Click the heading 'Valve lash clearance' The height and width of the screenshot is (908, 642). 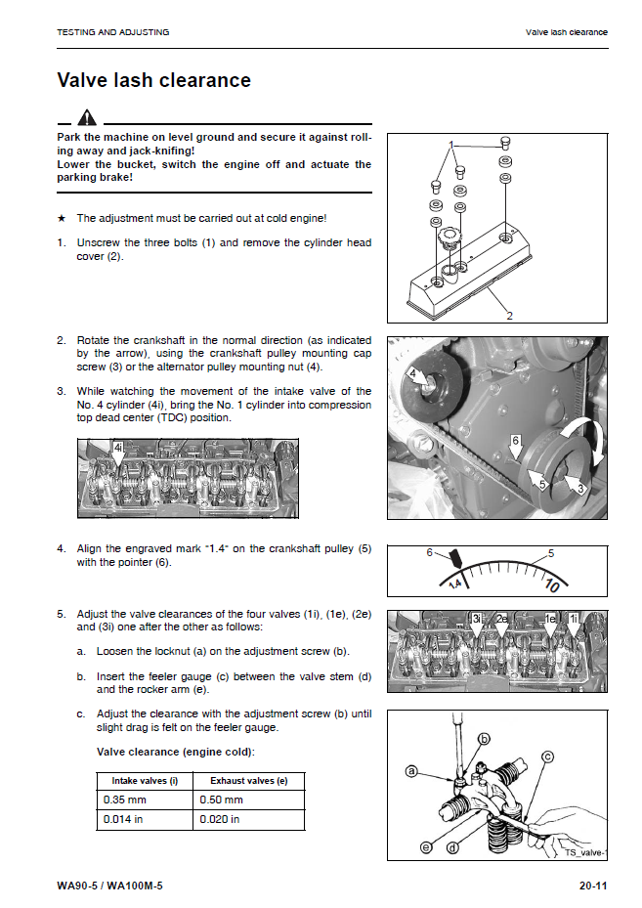(153, 80)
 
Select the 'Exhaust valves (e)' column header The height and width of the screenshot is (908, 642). (248, 781)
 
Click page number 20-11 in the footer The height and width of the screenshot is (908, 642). (592, 886)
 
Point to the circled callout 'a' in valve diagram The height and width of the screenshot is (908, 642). (412, 771)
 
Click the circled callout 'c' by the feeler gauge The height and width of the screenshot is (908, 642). (547, 756)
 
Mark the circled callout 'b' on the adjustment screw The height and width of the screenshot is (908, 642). (483, 739)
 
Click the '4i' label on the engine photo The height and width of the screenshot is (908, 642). (117, 448)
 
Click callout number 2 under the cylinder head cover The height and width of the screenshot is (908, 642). (509, 316)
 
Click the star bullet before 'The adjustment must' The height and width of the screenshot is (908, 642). (62, 218)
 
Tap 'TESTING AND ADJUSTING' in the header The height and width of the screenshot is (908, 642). (113, 32)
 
